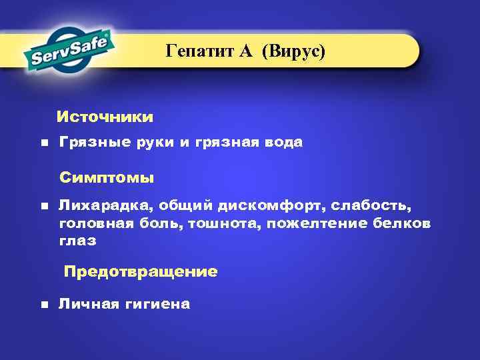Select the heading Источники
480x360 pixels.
pos(105,117)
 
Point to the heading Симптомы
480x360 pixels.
pos(107,178)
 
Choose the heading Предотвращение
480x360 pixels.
pos(140,272)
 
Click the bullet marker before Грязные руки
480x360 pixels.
pos(44,143)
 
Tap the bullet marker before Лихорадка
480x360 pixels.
pos(44,207)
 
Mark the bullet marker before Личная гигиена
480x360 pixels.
pos(44,305)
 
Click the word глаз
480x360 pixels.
pos(77,241)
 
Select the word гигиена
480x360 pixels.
pos(158,304)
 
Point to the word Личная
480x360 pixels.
pos(86,304)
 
